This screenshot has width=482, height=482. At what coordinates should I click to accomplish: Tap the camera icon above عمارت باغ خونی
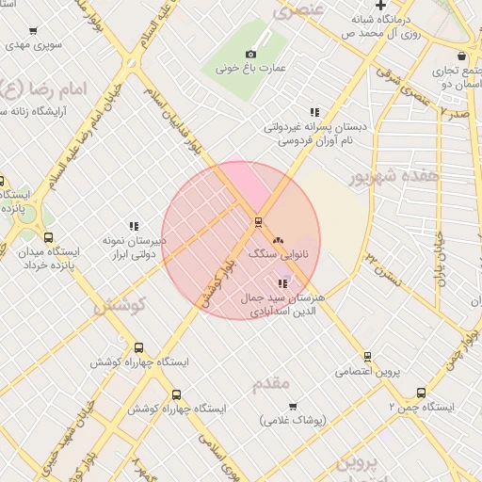(x=250, y=54)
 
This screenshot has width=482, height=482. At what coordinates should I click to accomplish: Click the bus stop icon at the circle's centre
(x=257, y=222)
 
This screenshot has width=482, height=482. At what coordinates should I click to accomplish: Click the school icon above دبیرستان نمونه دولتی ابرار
(x=134, y=226)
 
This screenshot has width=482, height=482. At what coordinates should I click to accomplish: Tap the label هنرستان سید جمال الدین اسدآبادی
(x=282, y=303)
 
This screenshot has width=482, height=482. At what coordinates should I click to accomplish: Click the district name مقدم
(x=274, y=384)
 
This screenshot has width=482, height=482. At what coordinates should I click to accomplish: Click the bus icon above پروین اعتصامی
(x=367, y=357)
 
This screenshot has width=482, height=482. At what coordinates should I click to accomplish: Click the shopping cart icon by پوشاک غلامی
(x=293, y=407)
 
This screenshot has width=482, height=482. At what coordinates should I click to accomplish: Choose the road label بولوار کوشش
(x=216, y=285)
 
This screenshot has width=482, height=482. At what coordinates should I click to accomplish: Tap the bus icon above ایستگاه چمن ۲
(x=420, y=393)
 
